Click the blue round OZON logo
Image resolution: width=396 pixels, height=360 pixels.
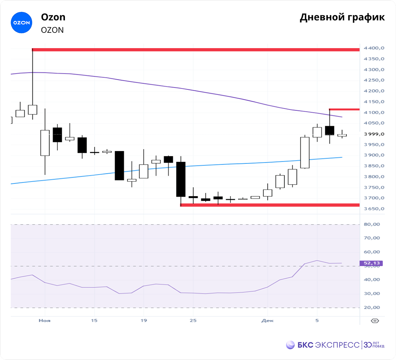point(21,23)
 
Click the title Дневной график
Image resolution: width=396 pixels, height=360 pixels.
point(342,17)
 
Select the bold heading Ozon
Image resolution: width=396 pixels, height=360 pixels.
point(53,17)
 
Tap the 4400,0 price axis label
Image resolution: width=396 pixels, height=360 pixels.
point(374,48)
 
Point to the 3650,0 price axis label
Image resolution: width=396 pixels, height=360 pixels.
point(374,209)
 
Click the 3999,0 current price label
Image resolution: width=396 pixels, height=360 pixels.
point(374,134)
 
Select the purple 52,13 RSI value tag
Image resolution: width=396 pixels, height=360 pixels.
point(369,263)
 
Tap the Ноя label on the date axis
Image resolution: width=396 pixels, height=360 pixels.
point(44,320)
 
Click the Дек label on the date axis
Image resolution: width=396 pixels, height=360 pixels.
point(267,320)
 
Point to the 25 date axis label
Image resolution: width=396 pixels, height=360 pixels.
point(193,320)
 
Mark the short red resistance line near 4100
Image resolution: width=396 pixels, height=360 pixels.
point(344,110)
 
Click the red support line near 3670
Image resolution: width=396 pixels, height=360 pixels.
point(269,205)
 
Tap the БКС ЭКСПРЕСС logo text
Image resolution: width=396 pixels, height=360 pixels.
point(328,345)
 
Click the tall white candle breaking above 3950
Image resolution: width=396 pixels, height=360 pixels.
point(305,152)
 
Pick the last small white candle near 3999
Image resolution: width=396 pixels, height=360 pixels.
point(342,135)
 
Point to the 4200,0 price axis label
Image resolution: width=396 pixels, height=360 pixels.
point(374,91)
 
